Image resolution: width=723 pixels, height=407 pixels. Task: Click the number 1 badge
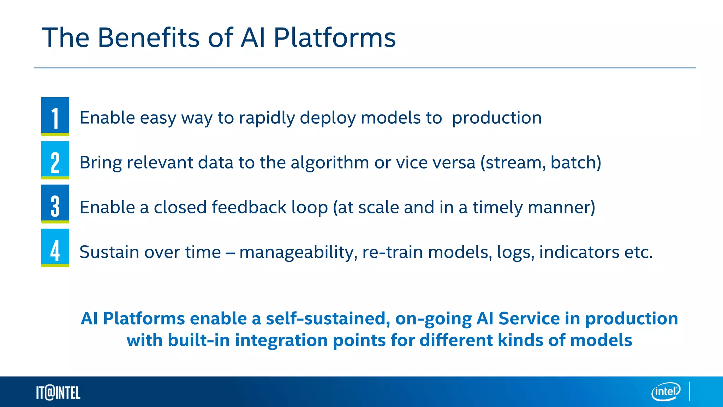point(55,116)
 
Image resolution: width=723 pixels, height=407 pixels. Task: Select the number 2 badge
point(55,160)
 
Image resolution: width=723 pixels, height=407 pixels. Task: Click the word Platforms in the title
point(335,37)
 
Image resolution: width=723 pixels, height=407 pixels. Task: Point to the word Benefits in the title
point(148,37)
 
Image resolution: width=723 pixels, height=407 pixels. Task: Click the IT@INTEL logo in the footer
point(58,393)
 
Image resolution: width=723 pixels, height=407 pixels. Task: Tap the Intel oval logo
point(666,391)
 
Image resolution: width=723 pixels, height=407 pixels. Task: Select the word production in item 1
point(497,118)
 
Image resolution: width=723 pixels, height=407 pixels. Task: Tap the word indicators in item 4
point(579,252)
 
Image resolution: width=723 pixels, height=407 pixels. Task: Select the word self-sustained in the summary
point(328,318)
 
